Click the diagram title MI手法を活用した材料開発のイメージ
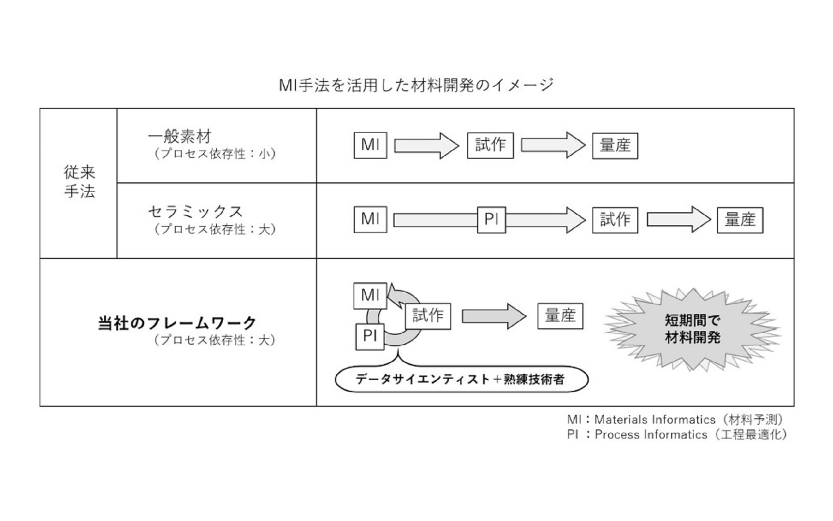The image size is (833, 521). (x=416, y=85)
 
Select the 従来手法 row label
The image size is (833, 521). (x=79, y=182)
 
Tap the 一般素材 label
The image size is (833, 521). (x=180, y=137)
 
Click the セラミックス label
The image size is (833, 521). (x=195, y=212)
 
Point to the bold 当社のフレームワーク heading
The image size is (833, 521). (x=177, y=324)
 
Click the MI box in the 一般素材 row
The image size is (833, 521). (x=370, y=145)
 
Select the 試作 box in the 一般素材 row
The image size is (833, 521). (x=490, y=145)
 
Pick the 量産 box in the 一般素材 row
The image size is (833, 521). (x=615, y=146)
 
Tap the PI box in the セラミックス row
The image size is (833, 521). (x=491, y=220)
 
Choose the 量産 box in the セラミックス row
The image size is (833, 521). (x=740, y=220)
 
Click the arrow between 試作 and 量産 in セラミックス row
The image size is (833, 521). (x=678, y=220)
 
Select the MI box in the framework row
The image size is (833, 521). (x=370, y=295)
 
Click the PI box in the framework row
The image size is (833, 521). (x=370, y=336)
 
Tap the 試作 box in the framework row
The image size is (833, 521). (x=428, y=316)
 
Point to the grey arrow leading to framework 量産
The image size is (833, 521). (x=493, y=316)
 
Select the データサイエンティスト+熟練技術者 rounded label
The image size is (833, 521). (x=461, y=380)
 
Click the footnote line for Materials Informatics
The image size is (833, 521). (x=676, y=420)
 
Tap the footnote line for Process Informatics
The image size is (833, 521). (x=677, y=435)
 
